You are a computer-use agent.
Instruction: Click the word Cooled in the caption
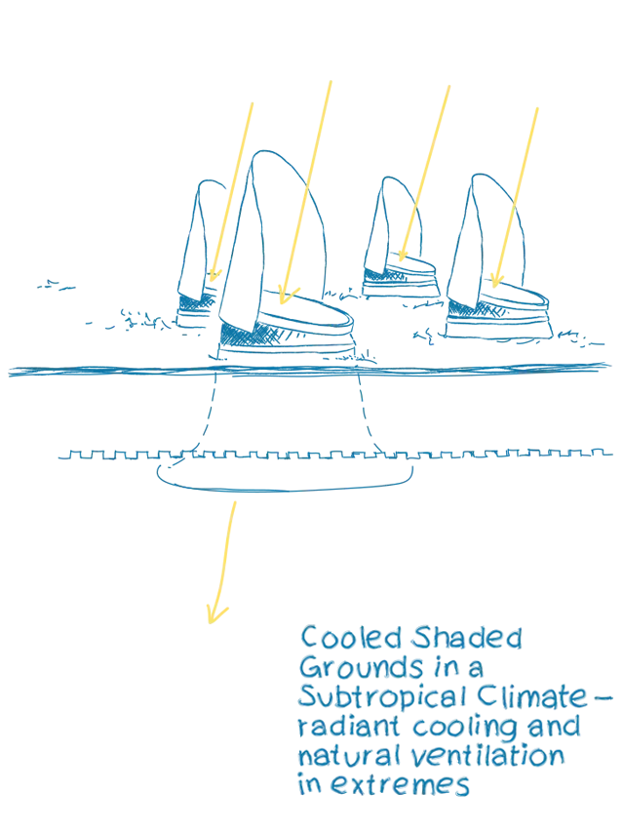point(350,639)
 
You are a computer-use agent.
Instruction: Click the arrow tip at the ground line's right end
point(606,367)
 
